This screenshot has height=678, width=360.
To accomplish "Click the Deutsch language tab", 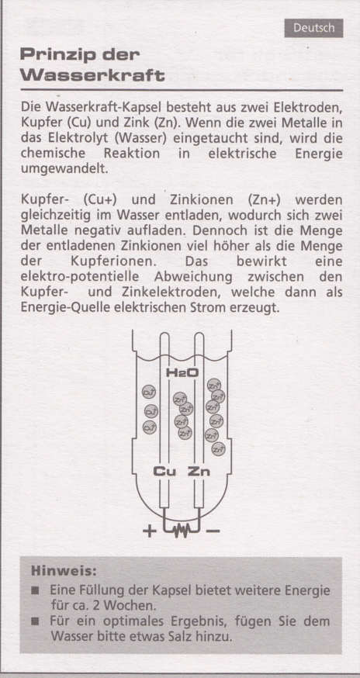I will point(313,28).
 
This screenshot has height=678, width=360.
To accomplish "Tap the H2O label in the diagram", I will point(182,373).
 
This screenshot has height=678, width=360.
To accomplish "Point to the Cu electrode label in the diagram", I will point(164,471).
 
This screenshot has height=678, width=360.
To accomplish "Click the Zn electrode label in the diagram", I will point(199,471).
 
